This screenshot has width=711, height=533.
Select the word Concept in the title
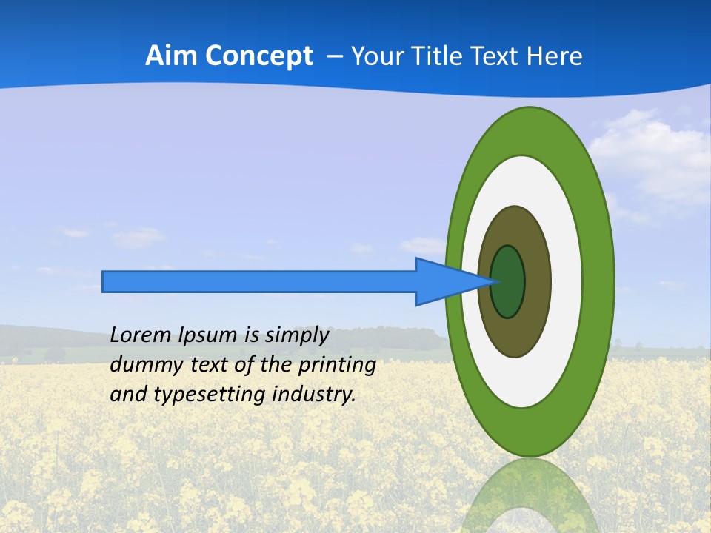click(x=258, y=56)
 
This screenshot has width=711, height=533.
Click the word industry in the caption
click(x=314, y=395)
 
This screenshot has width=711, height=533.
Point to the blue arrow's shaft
click(x=259, y=282)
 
